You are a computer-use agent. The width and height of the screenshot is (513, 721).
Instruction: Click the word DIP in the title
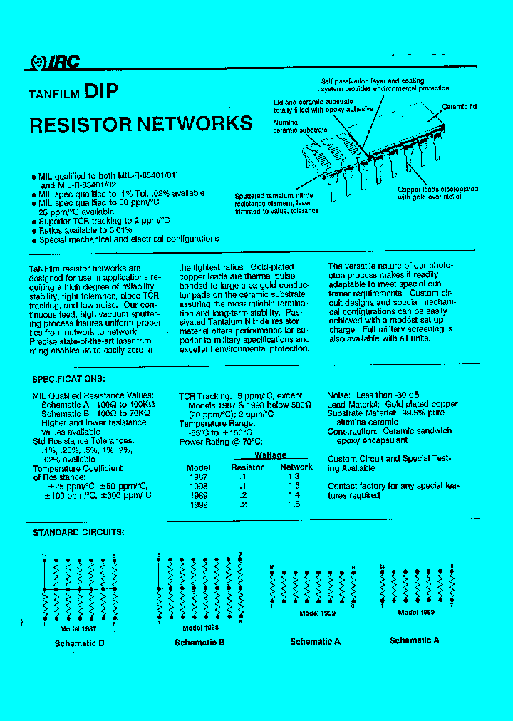click(x=101, y=91)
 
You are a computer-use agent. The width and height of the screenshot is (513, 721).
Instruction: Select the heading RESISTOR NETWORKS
click(x=141, y=124)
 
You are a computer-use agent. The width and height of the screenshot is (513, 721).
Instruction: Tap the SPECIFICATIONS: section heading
click(x=69, y=379)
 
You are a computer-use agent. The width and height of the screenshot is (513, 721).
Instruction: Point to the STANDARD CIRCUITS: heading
click(x=78, y=532)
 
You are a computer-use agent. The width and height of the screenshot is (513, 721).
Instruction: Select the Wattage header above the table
click(x=270, y=456)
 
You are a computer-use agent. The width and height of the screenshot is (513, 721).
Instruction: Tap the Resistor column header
click(x=247, y=467)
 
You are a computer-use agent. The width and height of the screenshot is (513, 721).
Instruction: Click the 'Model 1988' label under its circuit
click(x=200, y=628)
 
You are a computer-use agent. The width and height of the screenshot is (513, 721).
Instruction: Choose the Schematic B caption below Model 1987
click(x=80, y=643)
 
